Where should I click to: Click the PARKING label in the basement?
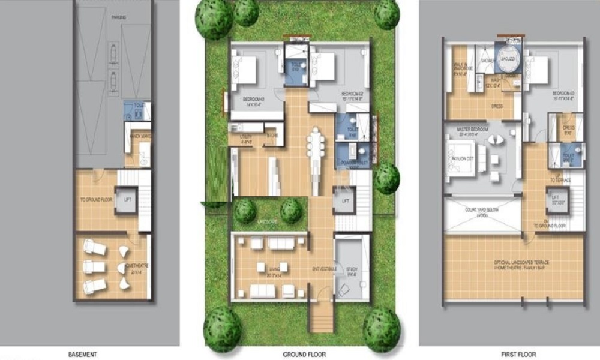click(x=118, y=18)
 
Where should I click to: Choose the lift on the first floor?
click(x=555, y=199)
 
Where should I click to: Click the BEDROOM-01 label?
click(x=254, y=98)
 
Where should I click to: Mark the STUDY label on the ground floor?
click(x=351, y=269)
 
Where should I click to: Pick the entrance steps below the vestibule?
click(x=323, y=316)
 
